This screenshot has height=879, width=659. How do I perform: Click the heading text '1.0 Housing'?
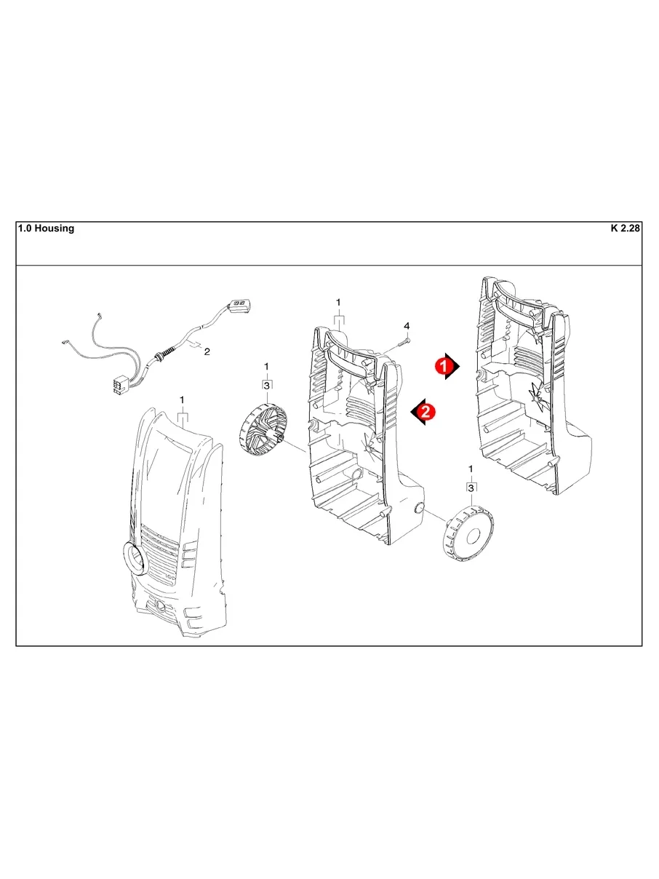pyautogui.click(x=45, y=228)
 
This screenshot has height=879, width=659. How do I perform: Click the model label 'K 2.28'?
pyautogui.click(x=624, y=228)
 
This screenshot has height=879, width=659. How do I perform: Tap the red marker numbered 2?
pyautogui.click(x=423, y=412)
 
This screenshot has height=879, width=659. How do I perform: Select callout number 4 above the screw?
pyautogui.click(x=407, y=325)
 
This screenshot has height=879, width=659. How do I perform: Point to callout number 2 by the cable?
pyautogui.click(x=207, y=352)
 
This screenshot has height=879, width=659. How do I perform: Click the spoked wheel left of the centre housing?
pyautogui.click(x=263, y=432)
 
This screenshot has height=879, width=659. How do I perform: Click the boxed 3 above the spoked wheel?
pyautogui.click(x=267, y=385)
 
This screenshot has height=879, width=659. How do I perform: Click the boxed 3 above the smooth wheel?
pyautogui.click(x=471, y=488)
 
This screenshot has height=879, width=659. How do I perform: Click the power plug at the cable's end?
pyautogui.click(x=240, y=306)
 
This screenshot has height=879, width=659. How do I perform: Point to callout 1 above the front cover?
pyautogui.click(x=182, y=400)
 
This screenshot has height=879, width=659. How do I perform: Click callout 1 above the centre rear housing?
pyautogui.click(x=338, y=302)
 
